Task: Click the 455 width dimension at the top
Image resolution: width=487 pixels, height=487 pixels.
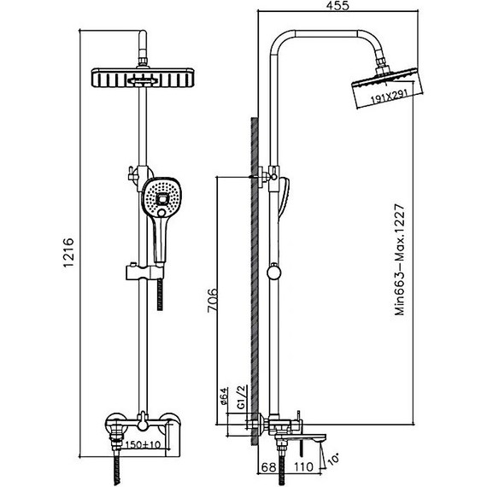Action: pyautogui.click(x=338, y=5)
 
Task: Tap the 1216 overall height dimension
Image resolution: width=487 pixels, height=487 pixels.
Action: pyautogui.click(x=68, y=252)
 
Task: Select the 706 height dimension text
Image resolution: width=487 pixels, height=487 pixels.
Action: pyautogui.click(x=213, y=301)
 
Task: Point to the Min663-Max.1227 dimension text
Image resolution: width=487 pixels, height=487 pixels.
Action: pyautogui.click(x=400, y=260)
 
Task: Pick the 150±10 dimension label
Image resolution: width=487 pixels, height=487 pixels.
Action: pyautogui.click(x=143, y=444)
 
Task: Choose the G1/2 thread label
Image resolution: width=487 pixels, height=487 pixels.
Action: pyautogui.click(x=242, y=396)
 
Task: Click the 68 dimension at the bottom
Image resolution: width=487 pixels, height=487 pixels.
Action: pyautogui.click(x=268, y=466)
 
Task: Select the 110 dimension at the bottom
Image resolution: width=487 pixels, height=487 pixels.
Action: pyautogui.click(x=303, y=466)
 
